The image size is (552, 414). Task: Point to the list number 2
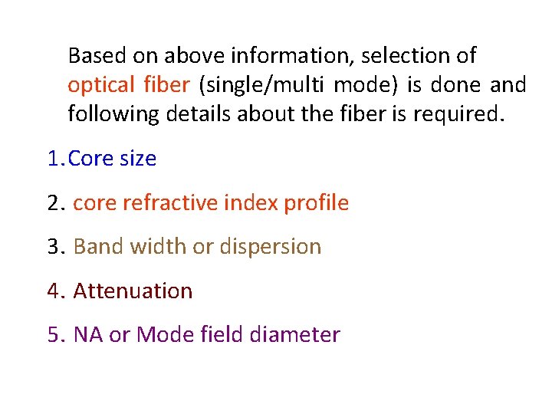pyautogui.click(x=55, y=203)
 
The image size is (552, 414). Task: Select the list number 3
pyautogui.click(x=55, y=247)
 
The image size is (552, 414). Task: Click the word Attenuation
pyautogui.click(x=133, y=291)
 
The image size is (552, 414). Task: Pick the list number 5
pyautogui.click(x=55, y=335)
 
